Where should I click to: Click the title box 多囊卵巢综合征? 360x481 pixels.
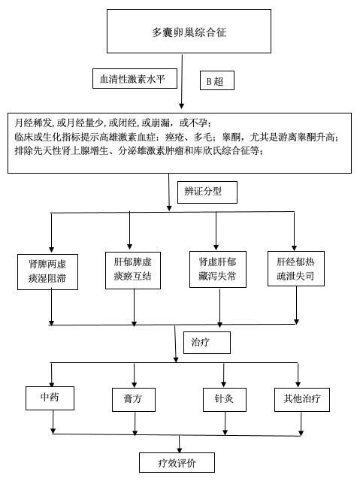click(x=189, y=31)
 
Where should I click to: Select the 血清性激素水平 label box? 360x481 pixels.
click(x=135, y=78)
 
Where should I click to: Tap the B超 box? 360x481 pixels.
click(x=217, y=80)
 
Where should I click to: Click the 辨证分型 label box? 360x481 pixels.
click(x=207, y=192)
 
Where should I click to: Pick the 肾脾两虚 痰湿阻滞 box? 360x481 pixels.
click(x=47, y=272)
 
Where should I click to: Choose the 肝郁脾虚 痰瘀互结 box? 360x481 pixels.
click(x=133, y=271)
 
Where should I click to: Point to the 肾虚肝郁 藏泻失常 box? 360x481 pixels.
click(x=218, y=269)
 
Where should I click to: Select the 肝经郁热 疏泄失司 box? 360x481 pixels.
click(x=296, y=269)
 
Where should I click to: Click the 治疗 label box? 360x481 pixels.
click(x=207, y=343)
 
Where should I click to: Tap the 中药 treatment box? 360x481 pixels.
click(x=50, y=398)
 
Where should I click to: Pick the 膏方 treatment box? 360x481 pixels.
click(x=133, y=400)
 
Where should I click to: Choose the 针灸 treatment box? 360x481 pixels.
click(x=225, y=399)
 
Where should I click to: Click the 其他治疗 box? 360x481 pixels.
click(x=302, y=399)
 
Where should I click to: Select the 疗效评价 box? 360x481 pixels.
click(x=177, y=463)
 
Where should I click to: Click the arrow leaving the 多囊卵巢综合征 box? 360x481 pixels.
click(x=182, y=81)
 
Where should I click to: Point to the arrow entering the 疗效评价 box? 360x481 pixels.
click(x=180, y=444)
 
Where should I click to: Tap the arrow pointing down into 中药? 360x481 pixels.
click(x=51, y=375)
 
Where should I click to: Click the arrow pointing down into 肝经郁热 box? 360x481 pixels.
click(x=294, y=231)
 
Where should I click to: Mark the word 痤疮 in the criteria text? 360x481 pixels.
click(x=174, y=137)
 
